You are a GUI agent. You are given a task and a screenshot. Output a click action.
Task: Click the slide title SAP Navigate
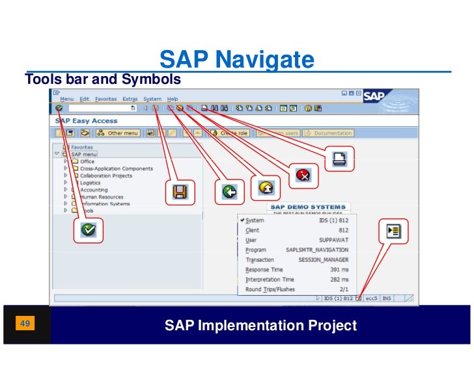pos(236,60)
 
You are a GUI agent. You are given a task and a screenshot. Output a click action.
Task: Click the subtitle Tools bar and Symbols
pos(102,80)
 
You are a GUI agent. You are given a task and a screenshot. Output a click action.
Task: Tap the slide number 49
pos(26,323)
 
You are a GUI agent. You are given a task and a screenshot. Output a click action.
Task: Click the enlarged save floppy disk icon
pos(180,191)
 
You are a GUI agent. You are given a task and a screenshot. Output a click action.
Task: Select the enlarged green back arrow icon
pos(229,191)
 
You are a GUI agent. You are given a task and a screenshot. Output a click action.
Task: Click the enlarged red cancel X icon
pos(303,174)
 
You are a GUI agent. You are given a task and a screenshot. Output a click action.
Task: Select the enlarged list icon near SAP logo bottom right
pos(393,231)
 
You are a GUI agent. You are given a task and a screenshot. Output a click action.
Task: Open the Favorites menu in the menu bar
pos(105,99)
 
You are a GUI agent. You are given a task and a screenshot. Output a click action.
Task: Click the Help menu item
pos(173,99)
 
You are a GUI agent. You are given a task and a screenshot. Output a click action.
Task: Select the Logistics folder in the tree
pos(91,183)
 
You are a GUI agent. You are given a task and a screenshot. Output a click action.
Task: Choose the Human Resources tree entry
pos(101,197)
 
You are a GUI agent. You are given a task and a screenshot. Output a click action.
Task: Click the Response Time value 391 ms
pos(339,269)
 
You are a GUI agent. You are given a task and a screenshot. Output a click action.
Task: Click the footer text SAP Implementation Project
pos(260,325)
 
